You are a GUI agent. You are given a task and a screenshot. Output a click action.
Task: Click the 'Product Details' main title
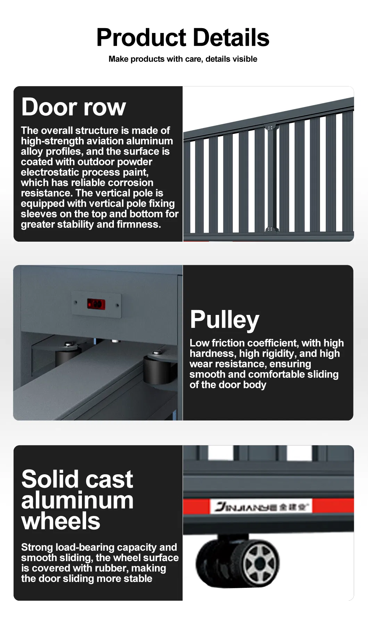click(183, 37)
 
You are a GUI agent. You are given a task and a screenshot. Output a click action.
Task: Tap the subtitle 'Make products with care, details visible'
click(183, 59)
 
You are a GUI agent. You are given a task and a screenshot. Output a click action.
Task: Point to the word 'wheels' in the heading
click(61, 521)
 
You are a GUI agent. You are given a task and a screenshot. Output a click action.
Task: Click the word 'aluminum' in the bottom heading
click(77, 500)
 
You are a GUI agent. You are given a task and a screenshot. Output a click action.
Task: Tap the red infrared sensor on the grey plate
click(96, 304)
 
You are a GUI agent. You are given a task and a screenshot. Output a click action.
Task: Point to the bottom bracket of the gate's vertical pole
click(270, 230)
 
